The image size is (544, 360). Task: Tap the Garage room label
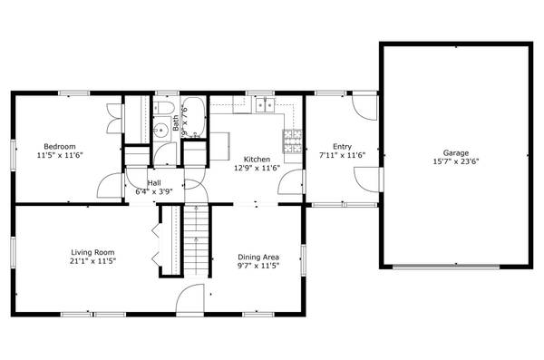[x=455, y=152]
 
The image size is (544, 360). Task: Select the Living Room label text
[x=93, y=252]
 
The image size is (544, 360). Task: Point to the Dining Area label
[x=258, y=257]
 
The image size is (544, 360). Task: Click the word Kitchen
[x=257, y=159]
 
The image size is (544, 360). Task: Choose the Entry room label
[x=342, y=146]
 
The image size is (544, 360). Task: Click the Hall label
[x=154, y=183]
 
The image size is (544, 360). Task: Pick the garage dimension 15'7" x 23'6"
[x=455, y=162]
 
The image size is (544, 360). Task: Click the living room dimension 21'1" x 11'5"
[x=93, y=261]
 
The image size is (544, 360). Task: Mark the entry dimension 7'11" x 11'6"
[x=342, y=155]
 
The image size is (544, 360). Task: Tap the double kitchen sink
[x=266, y=106]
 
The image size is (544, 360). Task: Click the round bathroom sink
[x=159, y=130]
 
